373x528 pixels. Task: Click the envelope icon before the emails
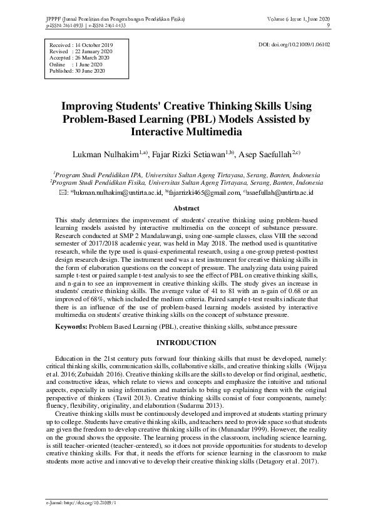62,193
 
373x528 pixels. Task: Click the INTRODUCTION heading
186,343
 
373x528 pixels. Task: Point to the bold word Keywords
71,327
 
